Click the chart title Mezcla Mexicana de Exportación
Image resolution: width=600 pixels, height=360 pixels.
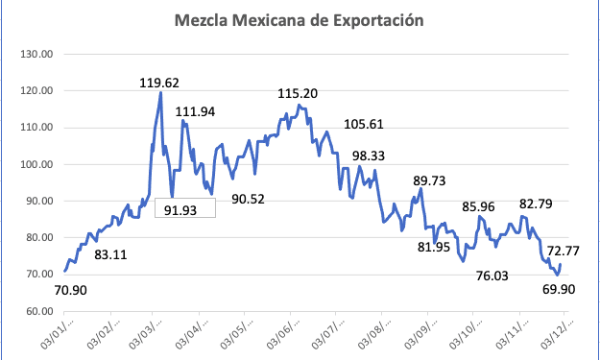(299, 20)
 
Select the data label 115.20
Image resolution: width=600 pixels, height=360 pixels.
(298, 94)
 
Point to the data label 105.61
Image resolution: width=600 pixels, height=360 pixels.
(364, 124)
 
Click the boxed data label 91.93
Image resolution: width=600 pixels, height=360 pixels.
(184, 209)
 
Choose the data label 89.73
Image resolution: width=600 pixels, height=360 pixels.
(432, 180)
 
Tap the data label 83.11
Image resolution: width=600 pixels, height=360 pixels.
(114, 254)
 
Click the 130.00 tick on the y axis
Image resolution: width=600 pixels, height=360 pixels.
(36, 55)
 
